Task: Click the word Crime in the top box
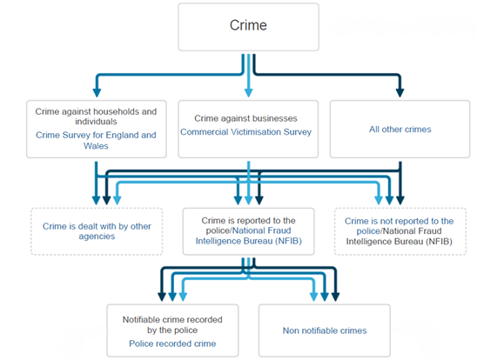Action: click(248, 25)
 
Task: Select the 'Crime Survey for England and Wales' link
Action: click(96, 140)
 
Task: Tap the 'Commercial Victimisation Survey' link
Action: click(245, 132)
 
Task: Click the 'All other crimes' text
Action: click(400, 130)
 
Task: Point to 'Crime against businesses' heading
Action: click(245, 118)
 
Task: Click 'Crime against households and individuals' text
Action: click(96, 117)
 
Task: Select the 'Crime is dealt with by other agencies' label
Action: click(97, 231)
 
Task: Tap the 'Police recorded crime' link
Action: click(172, 343)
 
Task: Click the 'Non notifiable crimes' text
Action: click(325, 330)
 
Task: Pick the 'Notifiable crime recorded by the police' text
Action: click(172, 324)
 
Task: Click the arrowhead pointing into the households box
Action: click(97, 93)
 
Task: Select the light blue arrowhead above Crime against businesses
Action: click(249, 93)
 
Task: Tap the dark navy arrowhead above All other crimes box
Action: click(400, 93)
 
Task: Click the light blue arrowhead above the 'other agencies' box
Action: click(118, 201)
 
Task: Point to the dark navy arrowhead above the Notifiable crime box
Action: click(162, 297)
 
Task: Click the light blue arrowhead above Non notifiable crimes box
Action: click(313, 297)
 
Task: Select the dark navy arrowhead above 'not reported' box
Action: click(400, 201)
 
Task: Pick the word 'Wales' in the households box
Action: click(96, 146)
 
